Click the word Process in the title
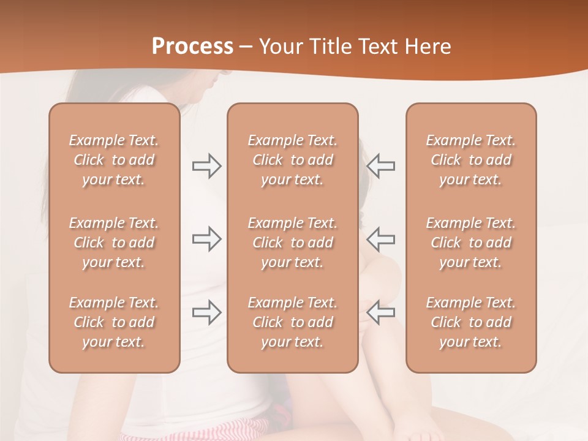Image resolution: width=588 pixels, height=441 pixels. [x=192, y=47]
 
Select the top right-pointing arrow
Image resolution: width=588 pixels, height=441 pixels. [x=206, y=166]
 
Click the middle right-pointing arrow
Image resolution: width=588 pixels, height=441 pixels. [x=206, y=239]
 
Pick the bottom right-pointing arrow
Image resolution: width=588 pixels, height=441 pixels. [x=206, y=312]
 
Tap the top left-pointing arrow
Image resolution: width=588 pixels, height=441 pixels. [x=381, y=166]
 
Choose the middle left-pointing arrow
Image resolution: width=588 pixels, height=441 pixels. [x=381, y=239]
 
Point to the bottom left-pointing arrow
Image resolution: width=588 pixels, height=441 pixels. [x=381, y=312]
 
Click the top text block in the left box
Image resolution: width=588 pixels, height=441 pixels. [x=114, y=160]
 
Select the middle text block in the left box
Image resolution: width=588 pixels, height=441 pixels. [x=114, y=243]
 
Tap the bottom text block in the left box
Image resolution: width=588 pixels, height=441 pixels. [x=114, y=322]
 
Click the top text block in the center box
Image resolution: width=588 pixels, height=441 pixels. [x=292, y=160]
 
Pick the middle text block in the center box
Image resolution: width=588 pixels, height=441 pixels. [x=292, y=243]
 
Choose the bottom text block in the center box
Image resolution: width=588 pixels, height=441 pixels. [x=292, y=322]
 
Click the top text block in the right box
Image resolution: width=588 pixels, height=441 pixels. [x=470, y=160]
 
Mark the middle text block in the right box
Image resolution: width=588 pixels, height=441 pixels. [x=470, y=243]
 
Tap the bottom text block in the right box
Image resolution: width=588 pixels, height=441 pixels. [x=470, y=322]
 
